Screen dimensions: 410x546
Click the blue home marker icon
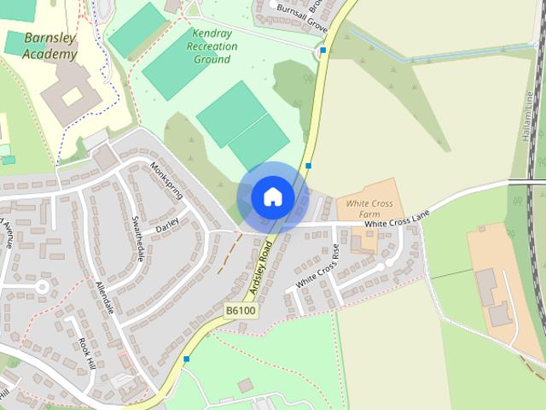(272, 196)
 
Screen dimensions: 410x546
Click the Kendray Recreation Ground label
(212, 46)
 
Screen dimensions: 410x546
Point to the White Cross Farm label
(369, 209)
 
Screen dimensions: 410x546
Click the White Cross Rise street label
(317, 268)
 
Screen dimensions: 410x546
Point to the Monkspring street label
(166, 179)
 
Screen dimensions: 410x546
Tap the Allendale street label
(104, 297)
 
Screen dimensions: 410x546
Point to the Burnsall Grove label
(302, 16)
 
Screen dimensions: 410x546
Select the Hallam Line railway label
(528, 111)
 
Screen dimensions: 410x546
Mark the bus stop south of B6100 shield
(186, 359)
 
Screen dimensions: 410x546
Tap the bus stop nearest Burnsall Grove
(322, 51)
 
